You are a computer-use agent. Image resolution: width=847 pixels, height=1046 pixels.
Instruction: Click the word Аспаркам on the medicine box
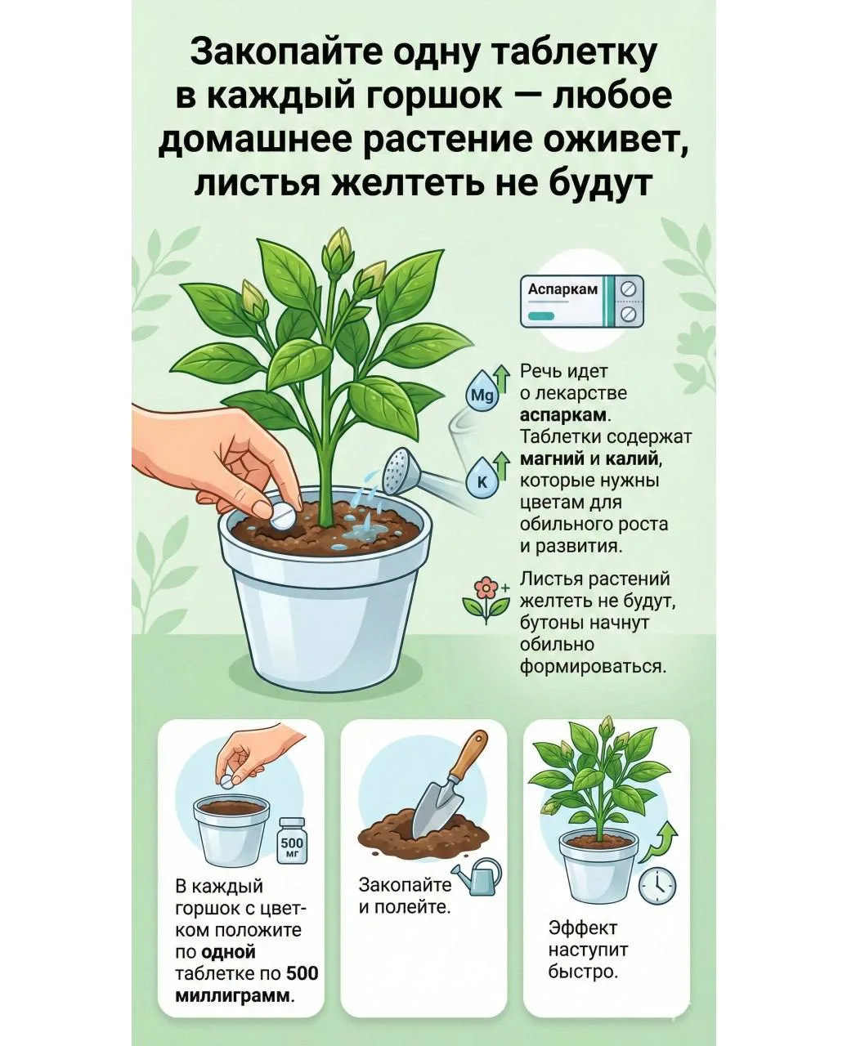pyautogui.click(x=562, y=289)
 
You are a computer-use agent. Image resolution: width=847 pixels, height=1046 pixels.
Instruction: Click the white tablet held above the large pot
pyautogui.click(x=283, y=516)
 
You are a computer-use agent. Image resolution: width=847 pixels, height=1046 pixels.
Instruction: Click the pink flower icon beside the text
pyautogui.click(x=486, y=599)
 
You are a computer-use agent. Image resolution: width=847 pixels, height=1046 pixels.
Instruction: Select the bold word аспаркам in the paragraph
pyautogui.click(x=563, y=415)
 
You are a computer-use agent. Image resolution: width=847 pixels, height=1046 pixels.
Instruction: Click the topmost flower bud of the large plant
pyautogui.click(x=338, y=250)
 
